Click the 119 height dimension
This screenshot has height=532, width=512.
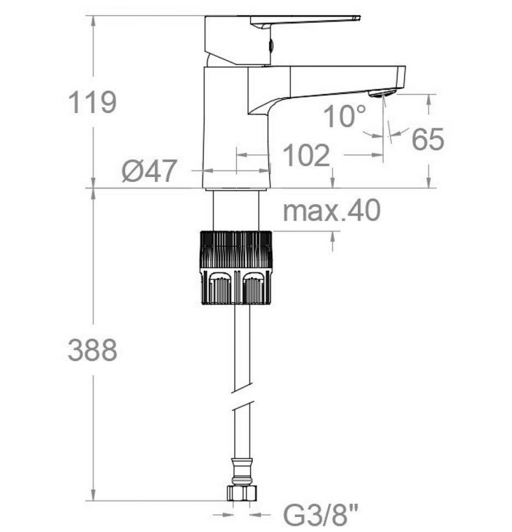[92, 102]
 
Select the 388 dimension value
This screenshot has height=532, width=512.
[92, 350]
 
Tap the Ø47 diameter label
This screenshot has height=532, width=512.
[149, 170]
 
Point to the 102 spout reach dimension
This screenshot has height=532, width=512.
[306, 156]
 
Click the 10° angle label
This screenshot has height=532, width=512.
[345, 116]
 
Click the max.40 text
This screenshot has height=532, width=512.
[332, 210]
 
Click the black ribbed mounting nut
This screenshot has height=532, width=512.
[236, 267]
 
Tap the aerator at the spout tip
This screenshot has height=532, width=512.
[382, 93]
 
